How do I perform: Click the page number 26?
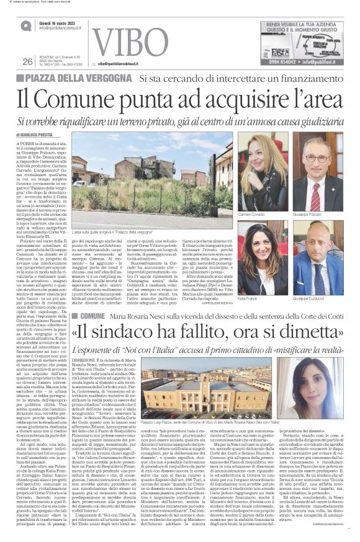[27, 61]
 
